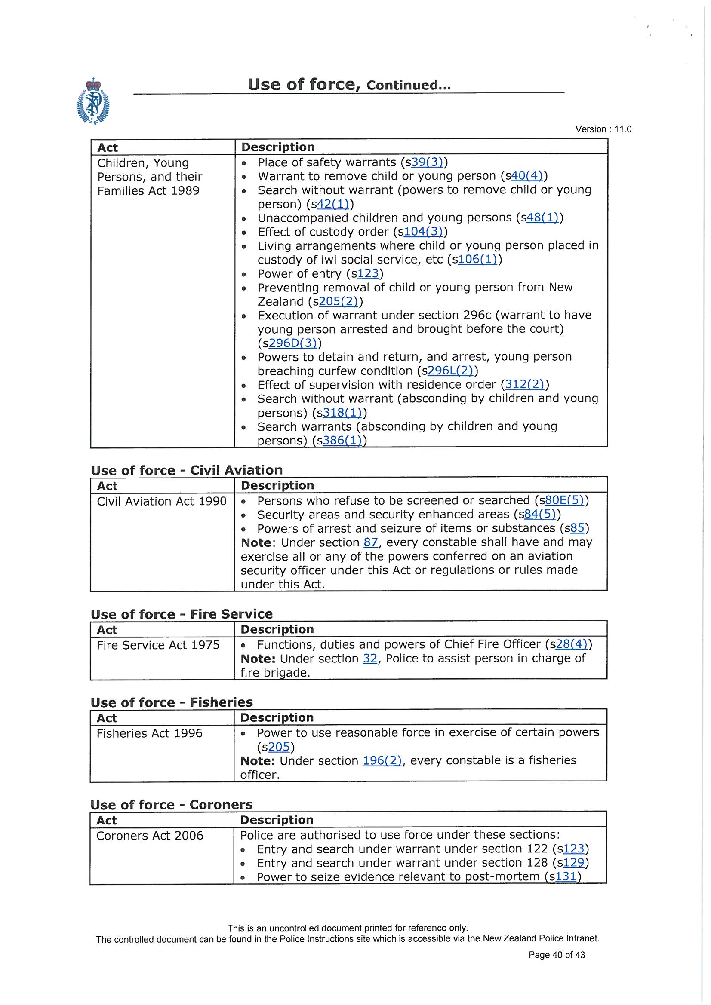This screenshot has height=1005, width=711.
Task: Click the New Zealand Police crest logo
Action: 93,101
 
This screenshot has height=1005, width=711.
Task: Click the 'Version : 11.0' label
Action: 603,129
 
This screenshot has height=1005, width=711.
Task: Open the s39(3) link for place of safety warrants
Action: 427,162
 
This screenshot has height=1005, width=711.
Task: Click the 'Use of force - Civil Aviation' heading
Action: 187,470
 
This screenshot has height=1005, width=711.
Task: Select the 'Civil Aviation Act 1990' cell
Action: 162,501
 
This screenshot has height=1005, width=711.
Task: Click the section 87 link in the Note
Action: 371,542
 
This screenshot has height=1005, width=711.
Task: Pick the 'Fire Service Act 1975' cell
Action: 158,645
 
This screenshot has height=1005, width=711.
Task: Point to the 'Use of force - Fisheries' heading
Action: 172,702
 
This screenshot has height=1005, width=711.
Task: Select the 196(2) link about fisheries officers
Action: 382,760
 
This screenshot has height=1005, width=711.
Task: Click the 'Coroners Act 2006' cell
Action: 150,836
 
